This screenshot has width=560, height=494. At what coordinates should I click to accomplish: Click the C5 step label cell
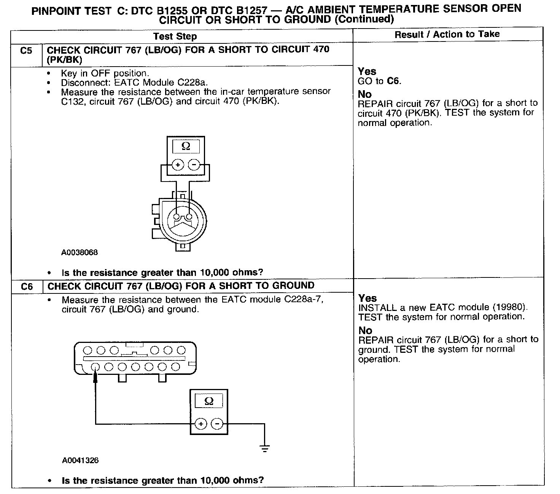click(26, 51)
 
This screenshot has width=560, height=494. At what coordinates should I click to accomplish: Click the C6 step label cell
click(27, 287)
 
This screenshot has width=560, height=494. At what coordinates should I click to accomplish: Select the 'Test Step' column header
click(175, 37)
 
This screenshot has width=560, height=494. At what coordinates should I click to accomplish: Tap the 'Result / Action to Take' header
click(447, 34)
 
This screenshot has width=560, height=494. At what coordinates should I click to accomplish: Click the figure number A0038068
click(80, 252)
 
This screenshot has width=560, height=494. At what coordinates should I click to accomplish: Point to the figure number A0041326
click(80, 461)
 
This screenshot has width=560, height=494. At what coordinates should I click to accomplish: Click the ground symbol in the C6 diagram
click(265, 448)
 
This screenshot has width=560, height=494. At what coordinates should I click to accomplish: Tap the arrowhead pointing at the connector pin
click(95, 376)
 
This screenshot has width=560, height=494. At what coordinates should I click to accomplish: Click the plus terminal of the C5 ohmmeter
click(178, 165)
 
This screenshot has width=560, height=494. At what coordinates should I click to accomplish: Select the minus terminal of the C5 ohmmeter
click(194, 165)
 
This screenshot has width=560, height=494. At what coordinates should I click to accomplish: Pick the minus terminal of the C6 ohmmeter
click(217, 424)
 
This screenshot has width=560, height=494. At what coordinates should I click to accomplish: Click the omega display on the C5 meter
click(186, 147)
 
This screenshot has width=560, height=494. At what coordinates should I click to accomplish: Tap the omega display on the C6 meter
click(209, 401)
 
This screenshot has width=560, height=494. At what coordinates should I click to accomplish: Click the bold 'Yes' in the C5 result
click(367, 71)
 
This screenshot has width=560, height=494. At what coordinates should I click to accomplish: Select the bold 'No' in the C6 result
click(365, 330)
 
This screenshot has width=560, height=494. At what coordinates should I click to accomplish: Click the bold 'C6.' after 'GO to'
click(394, 81)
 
